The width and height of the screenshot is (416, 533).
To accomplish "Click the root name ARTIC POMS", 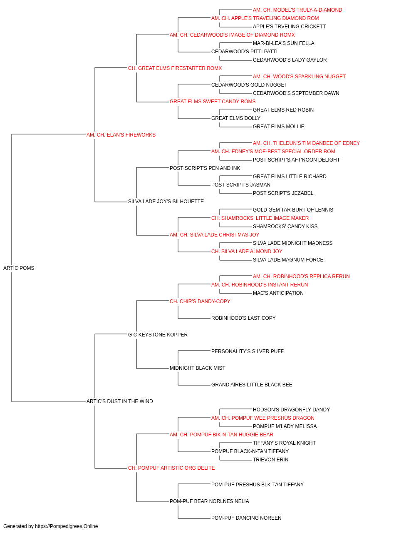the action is coord(19,268).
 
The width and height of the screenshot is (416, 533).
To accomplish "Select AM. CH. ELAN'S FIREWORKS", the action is coord(121,135).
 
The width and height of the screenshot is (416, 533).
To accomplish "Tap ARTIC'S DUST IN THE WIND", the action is coord(119,401).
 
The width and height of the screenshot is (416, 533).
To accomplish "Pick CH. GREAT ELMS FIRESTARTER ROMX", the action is coord(175,68).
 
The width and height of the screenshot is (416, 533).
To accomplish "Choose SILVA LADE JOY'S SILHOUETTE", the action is coord(166,202).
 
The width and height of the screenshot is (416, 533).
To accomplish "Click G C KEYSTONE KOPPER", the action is coord(158,335).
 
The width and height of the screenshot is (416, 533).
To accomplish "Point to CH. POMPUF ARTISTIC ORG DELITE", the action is coord(171,468).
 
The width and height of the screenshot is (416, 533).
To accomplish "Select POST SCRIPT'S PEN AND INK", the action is coord(205,168).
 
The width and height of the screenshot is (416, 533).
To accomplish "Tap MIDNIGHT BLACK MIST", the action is coord(197,368).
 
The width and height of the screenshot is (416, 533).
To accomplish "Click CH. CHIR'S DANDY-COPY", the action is coord(200,301).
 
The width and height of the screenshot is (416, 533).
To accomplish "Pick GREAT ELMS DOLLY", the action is coord(236,118).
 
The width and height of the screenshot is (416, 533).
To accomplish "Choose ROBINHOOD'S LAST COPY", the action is coord(243,318).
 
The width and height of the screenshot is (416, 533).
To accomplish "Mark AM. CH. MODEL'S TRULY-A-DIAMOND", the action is coord(297,10).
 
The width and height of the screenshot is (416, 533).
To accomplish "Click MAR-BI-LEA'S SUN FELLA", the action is coord(283,43).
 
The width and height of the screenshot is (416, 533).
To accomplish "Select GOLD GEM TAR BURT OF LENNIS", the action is coord(293,210).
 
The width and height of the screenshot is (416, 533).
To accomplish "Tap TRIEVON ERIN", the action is coord(270,460).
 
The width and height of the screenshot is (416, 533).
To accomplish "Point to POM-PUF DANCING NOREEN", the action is coord(246,518).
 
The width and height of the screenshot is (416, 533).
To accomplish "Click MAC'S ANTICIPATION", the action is coord(278,293).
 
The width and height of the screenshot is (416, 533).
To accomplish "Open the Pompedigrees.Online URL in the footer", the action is coord(66,526).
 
